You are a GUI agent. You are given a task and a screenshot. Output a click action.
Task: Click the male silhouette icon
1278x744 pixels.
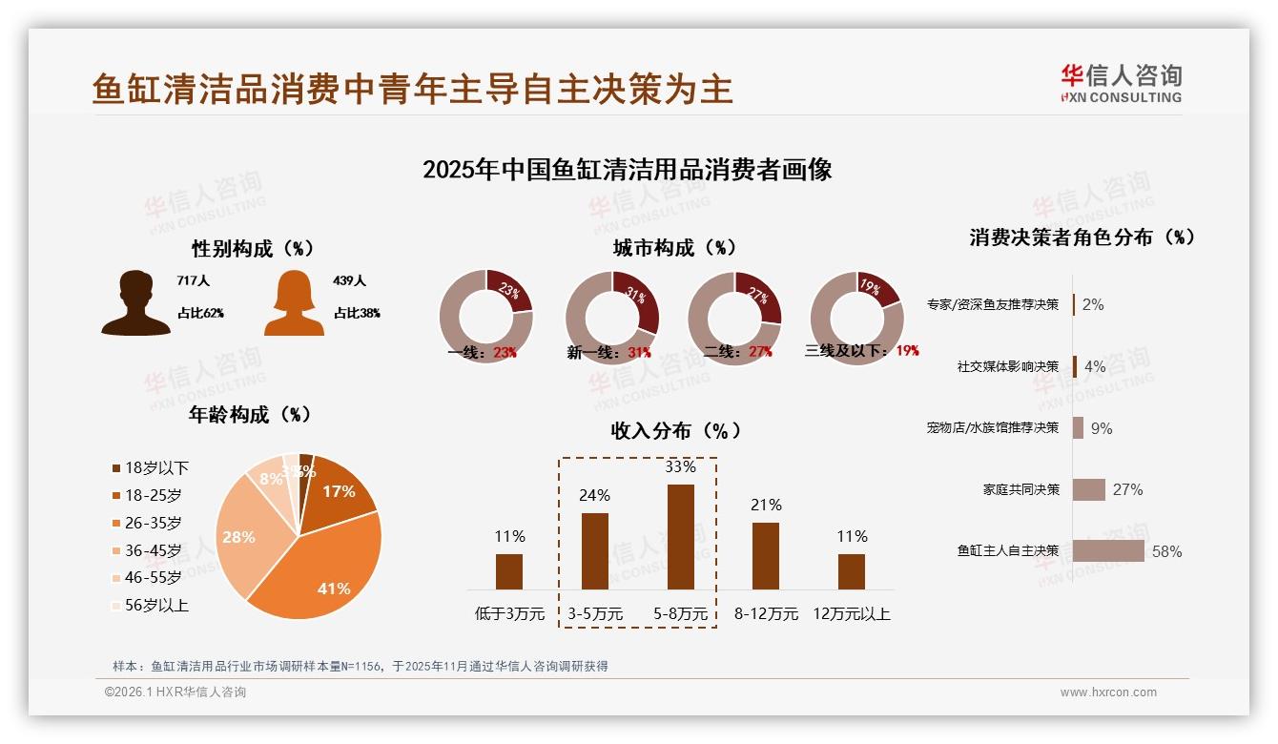[135, 303]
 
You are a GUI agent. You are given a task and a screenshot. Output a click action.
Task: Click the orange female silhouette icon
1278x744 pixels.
[294, 303]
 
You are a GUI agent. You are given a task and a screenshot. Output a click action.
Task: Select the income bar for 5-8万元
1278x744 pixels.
[680, 536]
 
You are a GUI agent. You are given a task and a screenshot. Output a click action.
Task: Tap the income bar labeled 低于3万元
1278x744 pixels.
[509, 571]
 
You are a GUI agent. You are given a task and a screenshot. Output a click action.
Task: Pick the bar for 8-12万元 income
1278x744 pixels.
[766, 555]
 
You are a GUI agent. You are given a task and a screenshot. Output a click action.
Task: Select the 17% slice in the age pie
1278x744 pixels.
[339, 491]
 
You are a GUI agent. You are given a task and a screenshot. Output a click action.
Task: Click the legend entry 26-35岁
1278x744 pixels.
[153, 523]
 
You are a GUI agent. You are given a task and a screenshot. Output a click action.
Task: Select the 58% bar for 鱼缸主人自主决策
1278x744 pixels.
[1108, 550]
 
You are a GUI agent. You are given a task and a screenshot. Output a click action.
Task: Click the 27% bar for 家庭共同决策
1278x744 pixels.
[1088, 489]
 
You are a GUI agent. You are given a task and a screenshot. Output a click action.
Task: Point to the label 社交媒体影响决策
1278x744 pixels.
[1007, 366]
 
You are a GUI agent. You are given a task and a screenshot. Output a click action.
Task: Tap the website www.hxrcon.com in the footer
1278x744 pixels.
[1108, 692]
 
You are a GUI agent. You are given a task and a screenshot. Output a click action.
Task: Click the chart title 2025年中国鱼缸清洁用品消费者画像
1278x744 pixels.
[627, 170]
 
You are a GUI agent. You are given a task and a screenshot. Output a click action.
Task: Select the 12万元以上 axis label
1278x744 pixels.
[851, 614]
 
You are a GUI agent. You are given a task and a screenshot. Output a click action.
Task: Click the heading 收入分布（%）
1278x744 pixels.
[675, 430]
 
